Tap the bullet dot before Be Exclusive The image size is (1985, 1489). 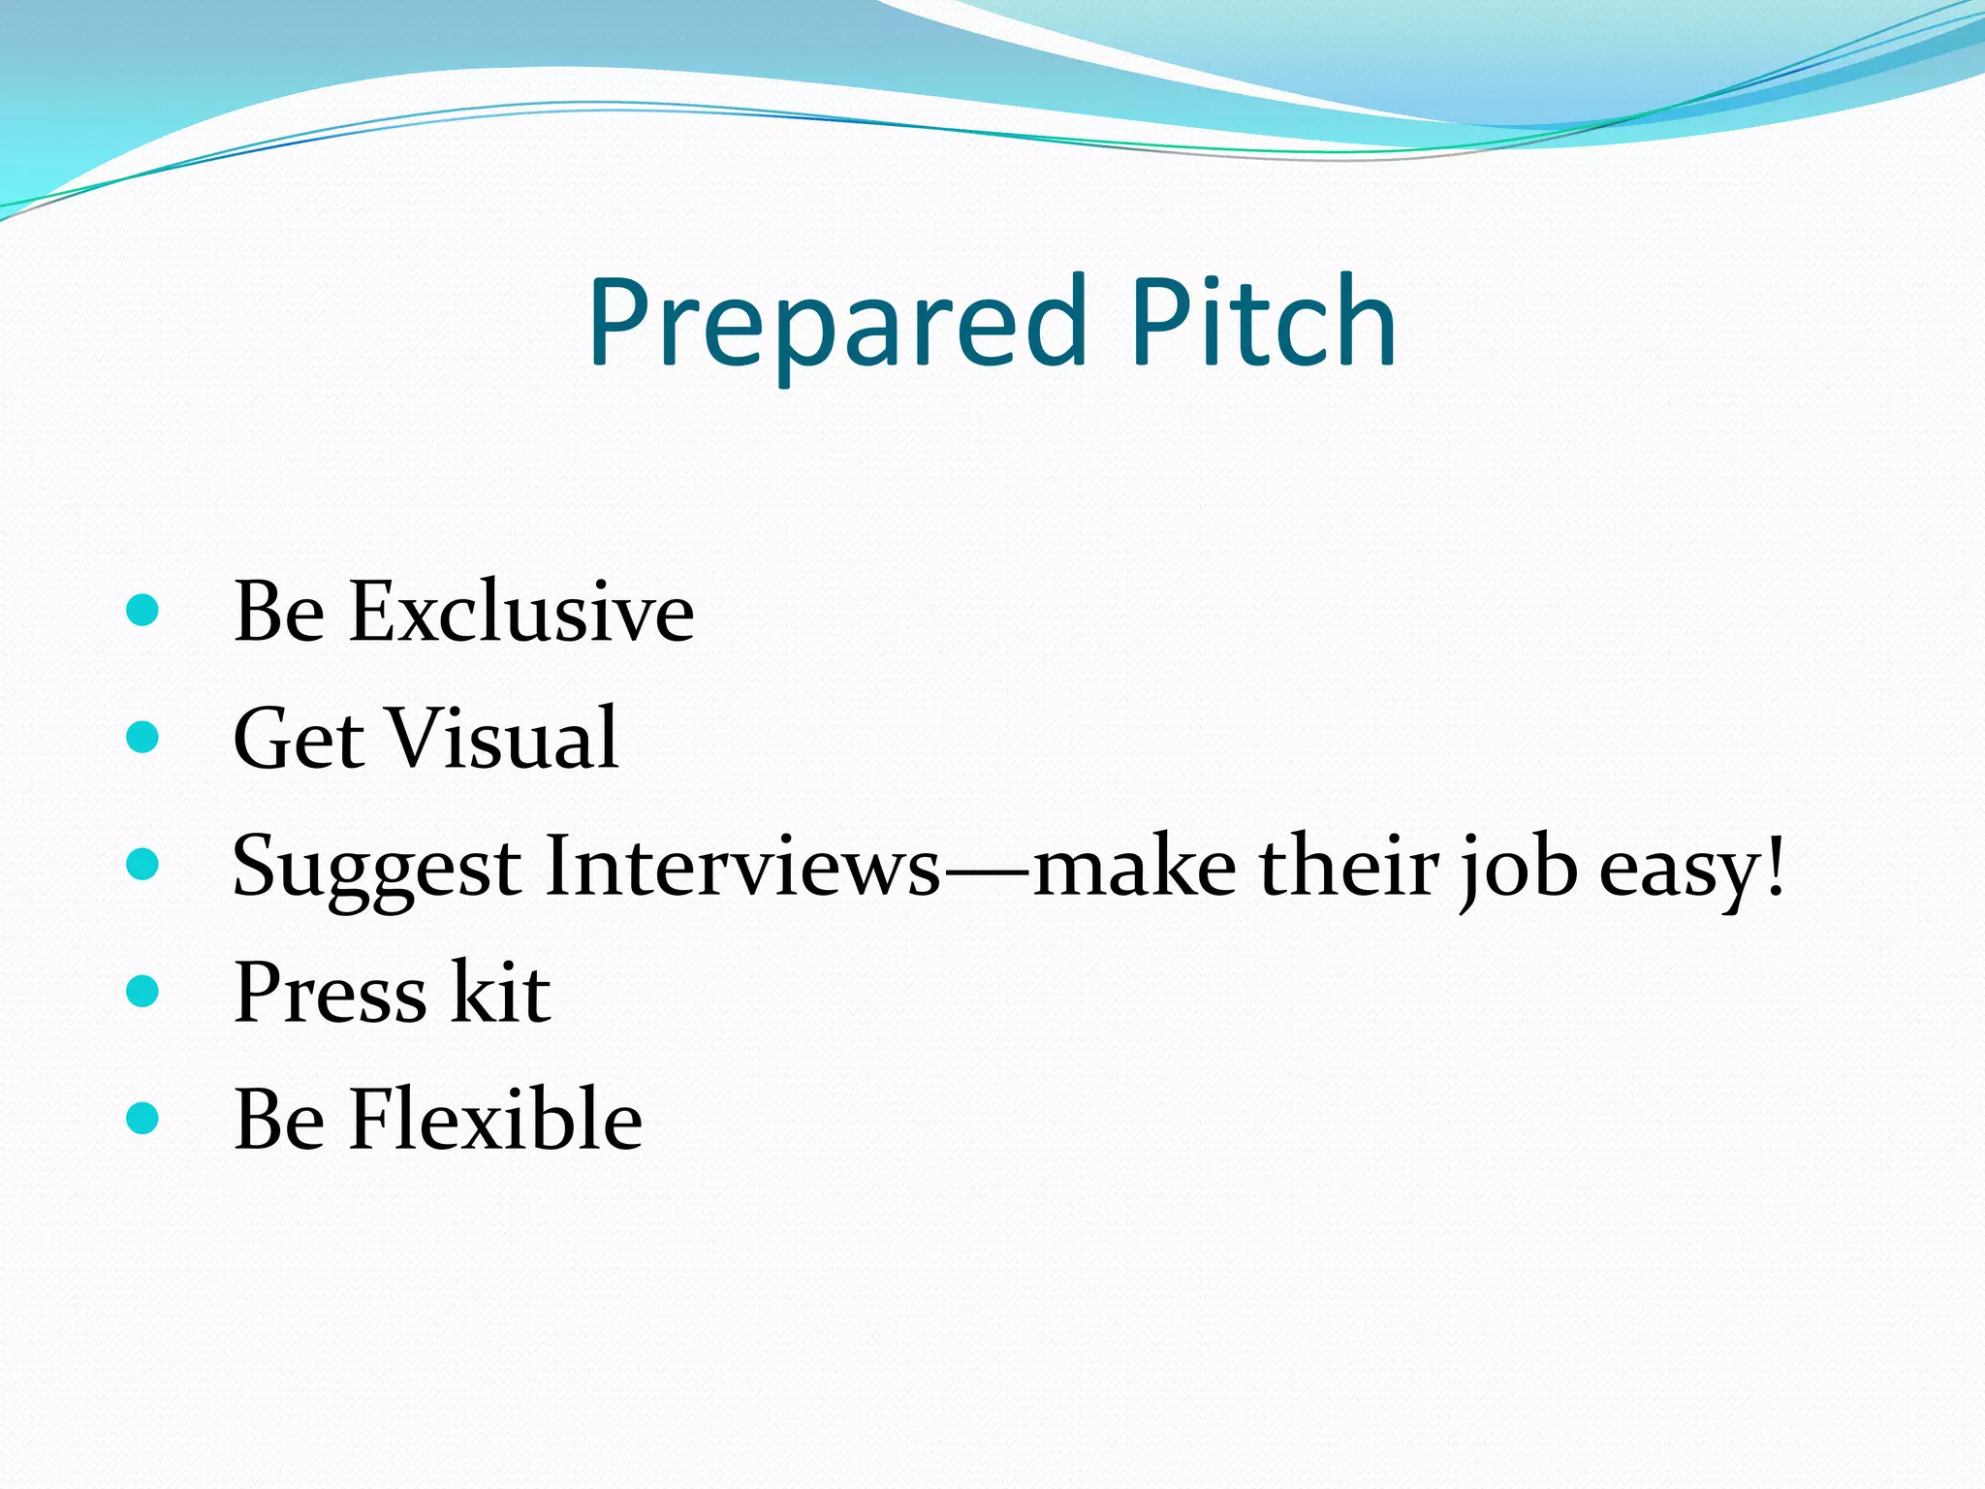(142, 611)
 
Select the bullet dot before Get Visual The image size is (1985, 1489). (142, 738)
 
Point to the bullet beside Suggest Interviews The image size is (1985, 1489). (142, 865)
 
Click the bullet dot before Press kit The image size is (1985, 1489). (142, 991)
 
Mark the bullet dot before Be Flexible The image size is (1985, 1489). (142, 1118)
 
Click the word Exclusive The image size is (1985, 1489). (521, 613)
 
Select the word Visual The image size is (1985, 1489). (503, 739)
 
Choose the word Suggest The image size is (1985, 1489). (377, 868)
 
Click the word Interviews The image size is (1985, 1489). (742, 866)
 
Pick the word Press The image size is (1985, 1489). (331, 993)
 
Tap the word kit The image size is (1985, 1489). (502, 993)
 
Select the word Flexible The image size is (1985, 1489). (495, 1120)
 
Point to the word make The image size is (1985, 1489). (1134, 866)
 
